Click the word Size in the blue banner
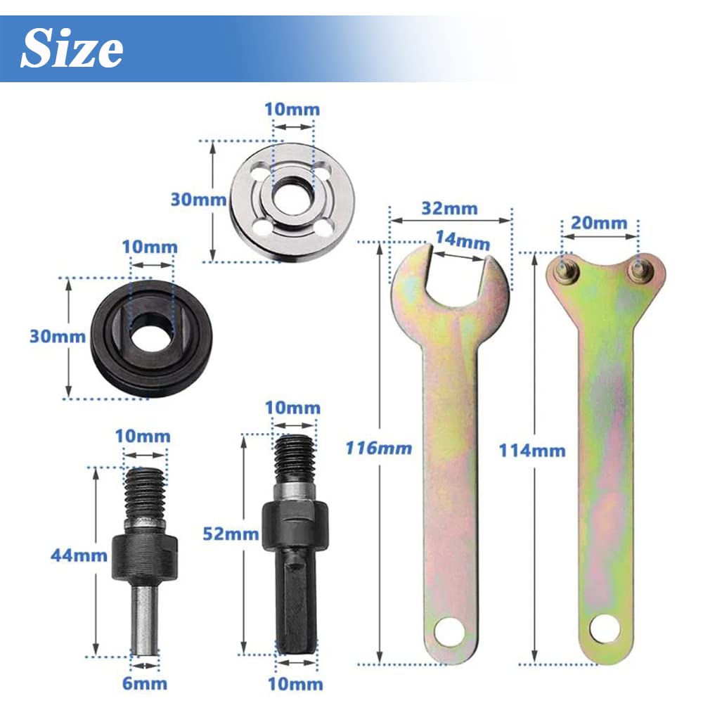72,49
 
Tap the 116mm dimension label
378,448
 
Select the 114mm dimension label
532,450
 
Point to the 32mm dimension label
450,208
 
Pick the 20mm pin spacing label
600,223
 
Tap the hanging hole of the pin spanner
604,628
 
